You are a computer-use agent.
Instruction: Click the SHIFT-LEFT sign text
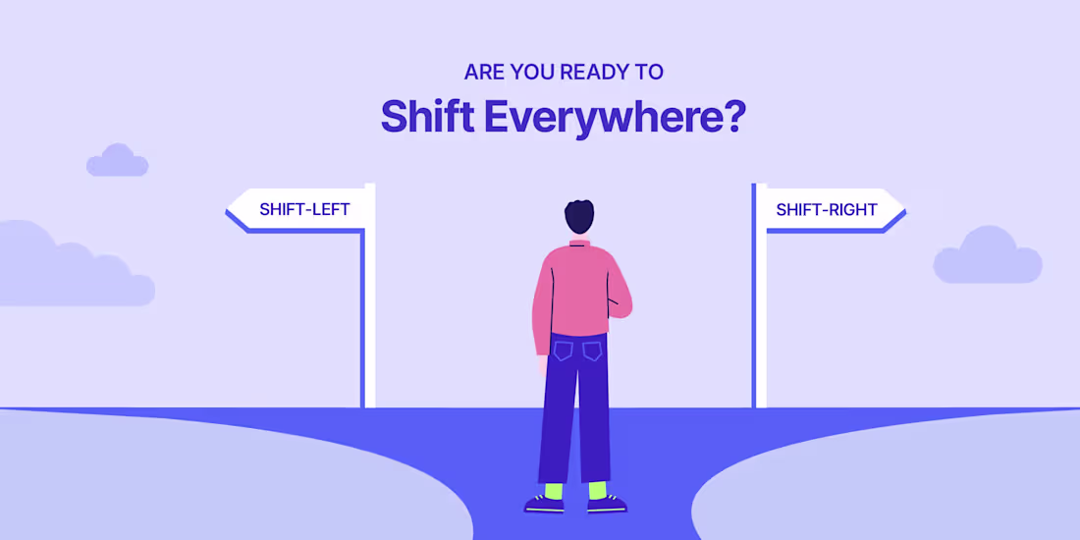(x=304, y=209)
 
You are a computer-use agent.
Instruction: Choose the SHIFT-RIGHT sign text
(x=827, y=209)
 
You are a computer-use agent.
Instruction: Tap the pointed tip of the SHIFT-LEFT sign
(x=229, y=210)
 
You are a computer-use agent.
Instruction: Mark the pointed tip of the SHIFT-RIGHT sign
(x=901, y=210)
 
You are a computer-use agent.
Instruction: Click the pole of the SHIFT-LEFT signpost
(x=369, y=324)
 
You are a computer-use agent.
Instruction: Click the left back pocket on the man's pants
(x=563, y=351)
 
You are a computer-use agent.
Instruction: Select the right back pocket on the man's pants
(x=592, y=351)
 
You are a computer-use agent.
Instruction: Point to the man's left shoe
(x=545, y=504)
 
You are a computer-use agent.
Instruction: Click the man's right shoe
(x=606, y=504)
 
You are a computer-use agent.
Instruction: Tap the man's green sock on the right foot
(x=597, y=489)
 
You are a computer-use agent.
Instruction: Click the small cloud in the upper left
(x=117, y=162)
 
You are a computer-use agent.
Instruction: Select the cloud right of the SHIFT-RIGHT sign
(x=987, y=258)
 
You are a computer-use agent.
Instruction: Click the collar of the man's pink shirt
(x=579, y=242)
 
